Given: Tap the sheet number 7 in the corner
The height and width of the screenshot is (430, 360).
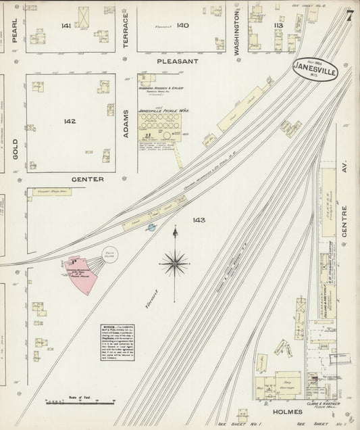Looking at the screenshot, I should click(349, 16).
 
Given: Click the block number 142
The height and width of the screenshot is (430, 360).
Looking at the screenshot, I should click(70, 122).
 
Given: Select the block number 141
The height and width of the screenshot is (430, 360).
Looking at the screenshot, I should click(66, 25).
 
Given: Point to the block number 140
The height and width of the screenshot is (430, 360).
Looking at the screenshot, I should click(182, 25).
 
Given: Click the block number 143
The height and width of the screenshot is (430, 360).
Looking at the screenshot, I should click(198, 220).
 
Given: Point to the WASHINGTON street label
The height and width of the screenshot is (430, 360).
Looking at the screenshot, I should click(237, 32).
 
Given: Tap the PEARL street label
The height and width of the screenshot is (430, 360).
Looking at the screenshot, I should click(14, 30).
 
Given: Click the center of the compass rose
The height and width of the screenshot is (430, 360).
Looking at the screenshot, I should click(175, 262).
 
